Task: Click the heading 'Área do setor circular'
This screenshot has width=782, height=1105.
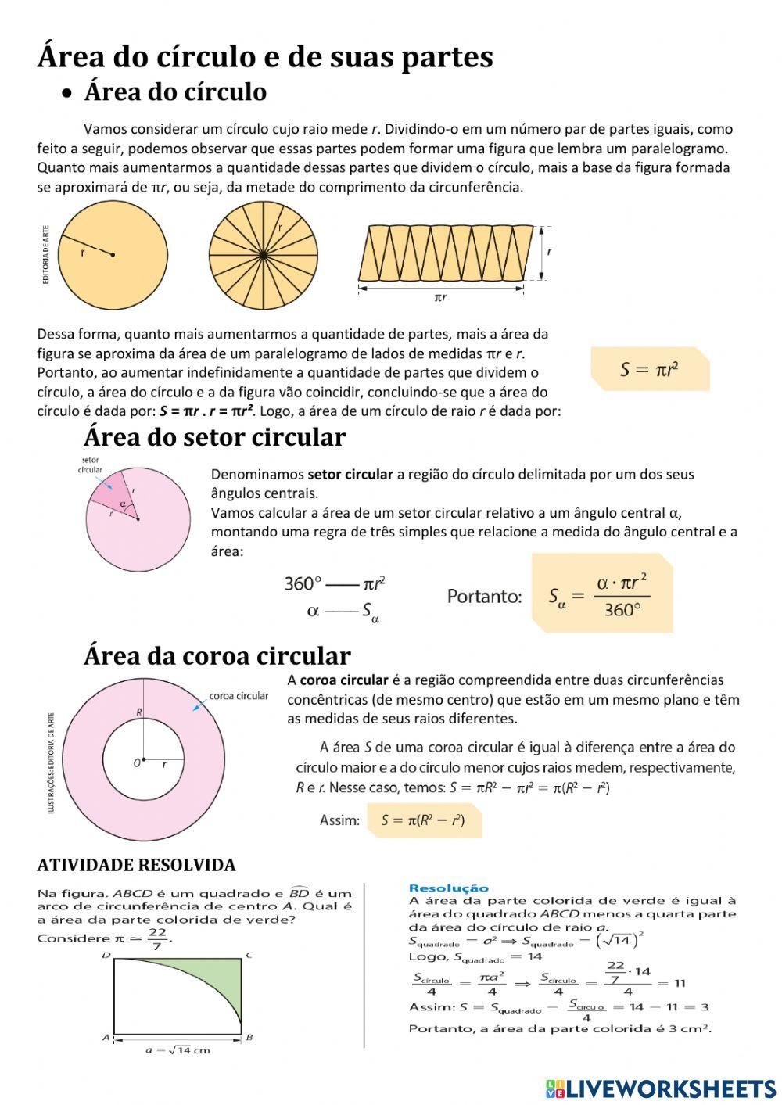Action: coord(214,437)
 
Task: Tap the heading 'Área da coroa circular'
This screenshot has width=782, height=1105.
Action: coord(217,655)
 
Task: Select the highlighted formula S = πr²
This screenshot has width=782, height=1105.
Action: coord(649,369)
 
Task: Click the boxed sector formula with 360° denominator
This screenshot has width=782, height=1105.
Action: coord(601,594)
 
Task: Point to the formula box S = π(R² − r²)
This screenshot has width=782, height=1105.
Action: coord(423,820)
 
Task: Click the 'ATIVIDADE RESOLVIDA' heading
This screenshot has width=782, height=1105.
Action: coord(136,865)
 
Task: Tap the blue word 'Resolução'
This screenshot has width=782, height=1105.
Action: coord(448,888)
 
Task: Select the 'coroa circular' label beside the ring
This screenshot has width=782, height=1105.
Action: coord(239,695)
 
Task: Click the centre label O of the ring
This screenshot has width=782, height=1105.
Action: coord(137,762)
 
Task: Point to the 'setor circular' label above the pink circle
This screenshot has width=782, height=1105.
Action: coord(90,465)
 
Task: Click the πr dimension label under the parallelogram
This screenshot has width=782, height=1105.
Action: coord(440,298)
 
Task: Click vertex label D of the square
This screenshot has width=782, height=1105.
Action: coord(106,956)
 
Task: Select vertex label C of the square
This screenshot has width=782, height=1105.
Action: coord(249,955)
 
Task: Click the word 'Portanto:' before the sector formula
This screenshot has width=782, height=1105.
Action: coord(484,597)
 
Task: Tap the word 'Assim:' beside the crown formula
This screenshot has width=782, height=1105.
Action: coord(339,820)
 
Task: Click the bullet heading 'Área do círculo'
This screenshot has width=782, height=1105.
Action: coord(175,92)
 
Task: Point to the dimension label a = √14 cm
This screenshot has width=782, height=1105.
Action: coord(178,1049)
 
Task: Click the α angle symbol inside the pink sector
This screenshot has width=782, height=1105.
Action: coord(124,504)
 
